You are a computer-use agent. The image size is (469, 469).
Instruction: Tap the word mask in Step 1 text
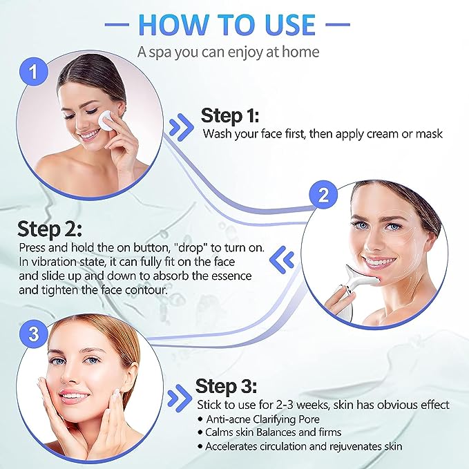[428, 133]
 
